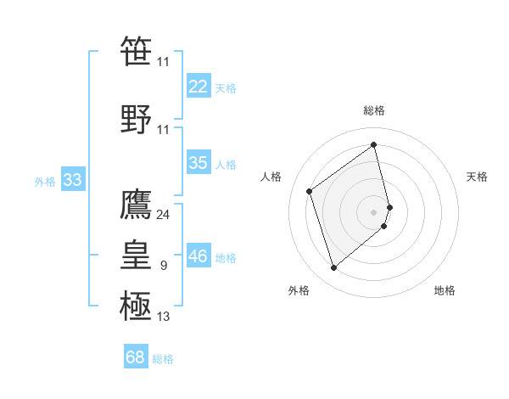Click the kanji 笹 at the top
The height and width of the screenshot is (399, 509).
point(136,52)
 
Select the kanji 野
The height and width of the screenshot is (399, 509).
point(136,118)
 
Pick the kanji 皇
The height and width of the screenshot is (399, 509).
point(136,255)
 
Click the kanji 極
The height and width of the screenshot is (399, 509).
point(136,306)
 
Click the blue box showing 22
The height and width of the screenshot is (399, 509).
point(199,87)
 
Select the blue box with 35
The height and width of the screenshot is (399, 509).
point(199,163)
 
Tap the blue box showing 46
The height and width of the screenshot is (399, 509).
point(199,256)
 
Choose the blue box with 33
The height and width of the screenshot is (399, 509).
point(72,180)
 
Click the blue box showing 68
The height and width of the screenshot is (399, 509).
point(136,357)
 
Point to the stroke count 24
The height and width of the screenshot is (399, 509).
point(163,214)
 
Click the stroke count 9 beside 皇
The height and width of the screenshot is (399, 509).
point(163,266)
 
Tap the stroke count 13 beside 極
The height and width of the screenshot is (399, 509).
point(163,317)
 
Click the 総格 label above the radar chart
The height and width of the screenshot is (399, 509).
point(374,110)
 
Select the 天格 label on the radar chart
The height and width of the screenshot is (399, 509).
point(477,177)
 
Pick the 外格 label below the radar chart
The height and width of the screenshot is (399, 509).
point(299,290)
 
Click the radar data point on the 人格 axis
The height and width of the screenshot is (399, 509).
point(310,191)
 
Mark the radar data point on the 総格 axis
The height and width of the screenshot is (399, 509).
point(374,145)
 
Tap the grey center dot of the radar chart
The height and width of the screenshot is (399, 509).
point(374,211)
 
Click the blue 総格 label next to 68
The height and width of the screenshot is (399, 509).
point(163,359)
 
